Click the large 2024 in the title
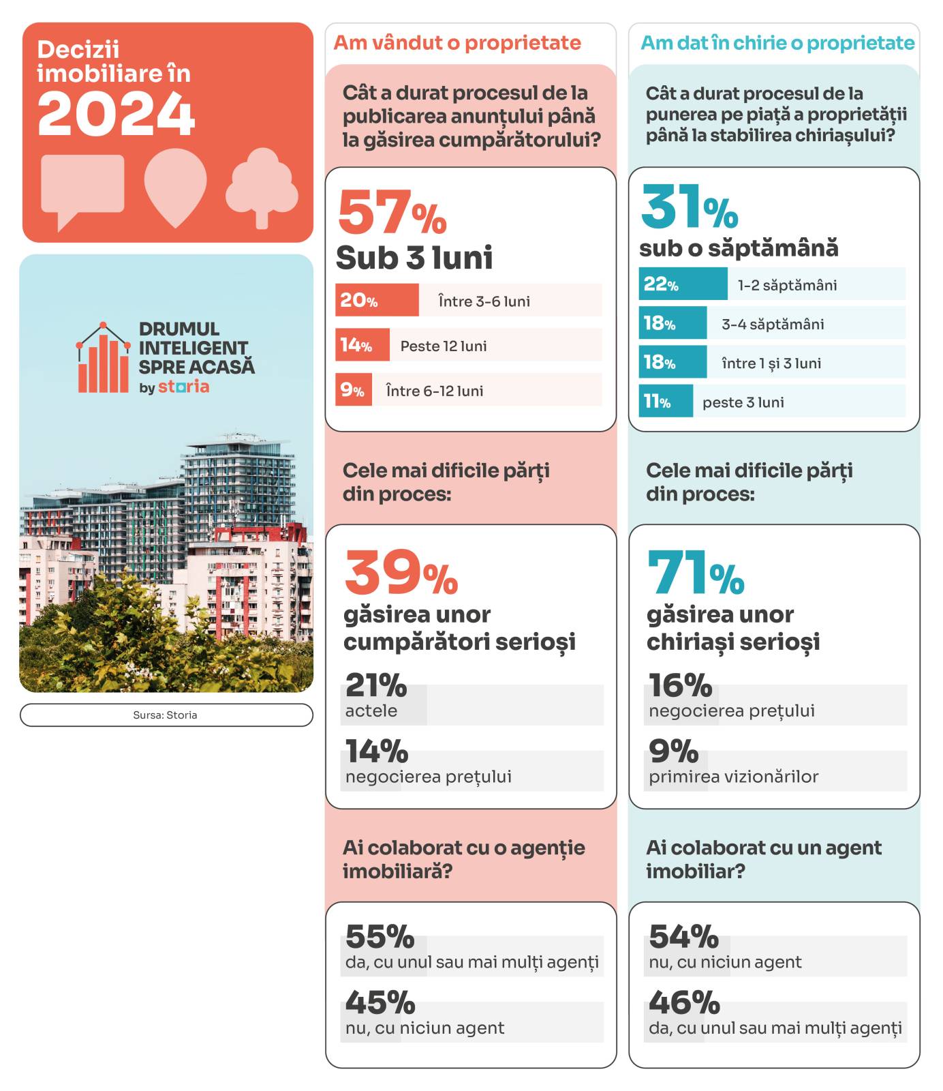click(116, 115)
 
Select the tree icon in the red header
click(262, 186)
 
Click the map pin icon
click(175, 185)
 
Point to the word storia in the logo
click(183, 387)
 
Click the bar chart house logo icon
click(103, 359)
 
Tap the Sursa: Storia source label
click(166, 715)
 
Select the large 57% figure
click(391, 213)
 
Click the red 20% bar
click(376, 300)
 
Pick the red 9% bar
click(353, 390)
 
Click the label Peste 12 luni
click(444, 346)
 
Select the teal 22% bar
click(683, 284)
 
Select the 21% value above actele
click(375, 685)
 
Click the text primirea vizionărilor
click(733, 777)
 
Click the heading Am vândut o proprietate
click(457, 43)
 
